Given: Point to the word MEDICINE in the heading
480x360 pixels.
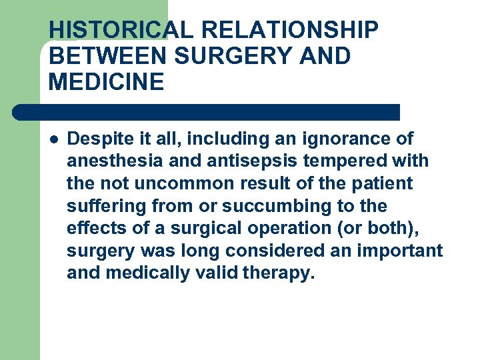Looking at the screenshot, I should click(106, 82).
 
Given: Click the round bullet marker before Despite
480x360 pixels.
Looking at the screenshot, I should click(54, 139).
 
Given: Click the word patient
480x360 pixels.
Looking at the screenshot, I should click(386, 183).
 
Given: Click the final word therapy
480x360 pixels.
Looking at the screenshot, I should click(278, 273).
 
